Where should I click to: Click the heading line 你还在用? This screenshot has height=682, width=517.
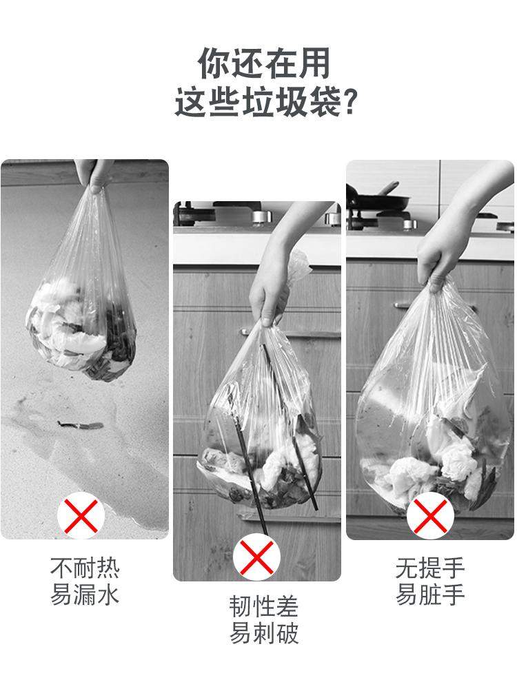click(x=264, y=63)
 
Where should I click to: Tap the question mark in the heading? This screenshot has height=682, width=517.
click(x=349, y=102)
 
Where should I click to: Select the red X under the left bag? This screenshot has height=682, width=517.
click(x=81, y=516)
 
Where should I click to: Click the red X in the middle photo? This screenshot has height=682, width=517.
click(x=256, y=557)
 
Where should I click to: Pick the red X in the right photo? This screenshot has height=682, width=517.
click(x=430, y=516)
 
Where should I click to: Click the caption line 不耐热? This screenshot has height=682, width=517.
click(x=85, y=568)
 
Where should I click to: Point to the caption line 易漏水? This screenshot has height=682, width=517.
click(x=85, y=595)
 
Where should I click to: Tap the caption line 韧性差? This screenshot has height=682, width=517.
click(x=264, y=607)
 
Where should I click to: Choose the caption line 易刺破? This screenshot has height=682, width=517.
click(x=264, y=633)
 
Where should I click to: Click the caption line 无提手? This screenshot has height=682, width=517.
click(x=430, y=568)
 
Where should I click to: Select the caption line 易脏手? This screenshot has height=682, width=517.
click(x=430, y=595)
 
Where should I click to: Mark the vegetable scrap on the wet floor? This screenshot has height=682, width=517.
click(x=81, y=425)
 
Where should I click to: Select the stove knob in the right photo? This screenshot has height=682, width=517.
click(x=409, y=225)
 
